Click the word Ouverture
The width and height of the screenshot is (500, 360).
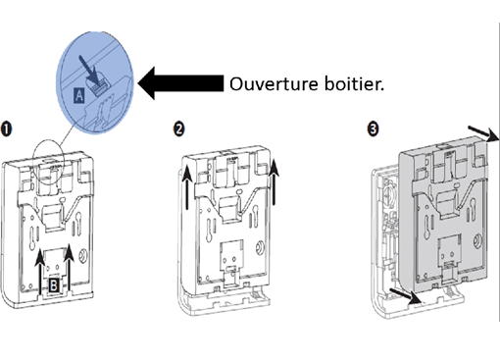coord(274,84)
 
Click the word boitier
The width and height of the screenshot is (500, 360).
coord(354,83)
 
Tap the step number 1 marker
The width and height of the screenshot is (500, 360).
coord(7,129)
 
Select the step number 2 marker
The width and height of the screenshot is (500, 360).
coord(178,129)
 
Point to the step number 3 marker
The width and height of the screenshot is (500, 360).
coord(373,129)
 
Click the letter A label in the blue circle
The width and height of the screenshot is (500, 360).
coord(79,96)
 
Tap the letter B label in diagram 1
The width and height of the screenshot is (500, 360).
coord(54,285)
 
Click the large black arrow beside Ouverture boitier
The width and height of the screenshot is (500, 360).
coord(180,83)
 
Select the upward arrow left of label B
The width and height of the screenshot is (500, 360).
coord(40,272)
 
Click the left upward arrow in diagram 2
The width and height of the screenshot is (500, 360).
coord(187,187)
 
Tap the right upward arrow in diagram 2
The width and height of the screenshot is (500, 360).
coord(275,181)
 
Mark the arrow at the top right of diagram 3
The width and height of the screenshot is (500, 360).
coord(484,133)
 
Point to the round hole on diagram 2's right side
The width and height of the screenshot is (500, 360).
coord(260,247)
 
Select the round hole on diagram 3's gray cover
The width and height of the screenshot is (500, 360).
coord(476,242)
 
